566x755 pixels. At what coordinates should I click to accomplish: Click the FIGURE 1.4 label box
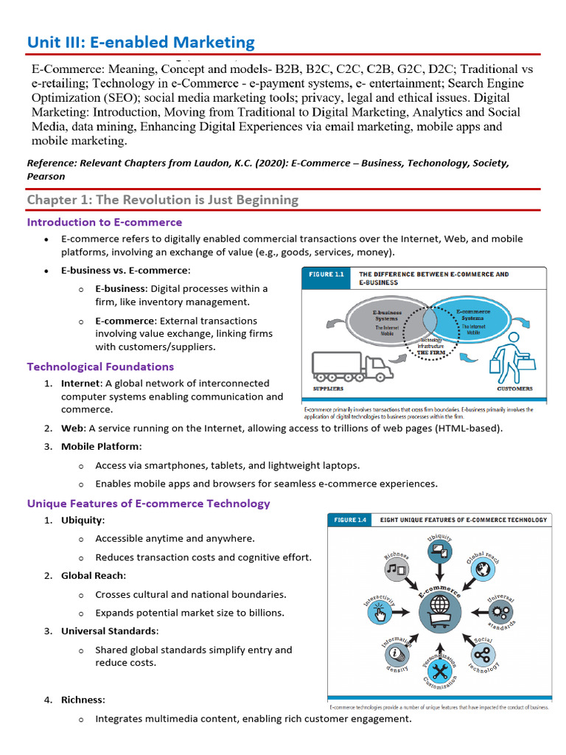(350, 520)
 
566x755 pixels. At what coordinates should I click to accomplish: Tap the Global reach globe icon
(483, 568)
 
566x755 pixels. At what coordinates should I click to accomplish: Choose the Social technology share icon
(483, 655)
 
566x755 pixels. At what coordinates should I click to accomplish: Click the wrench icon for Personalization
(441, 671)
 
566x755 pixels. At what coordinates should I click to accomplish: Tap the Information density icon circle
(396, 653)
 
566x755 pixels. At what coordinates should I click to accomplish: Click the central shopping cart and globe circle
(440, 612)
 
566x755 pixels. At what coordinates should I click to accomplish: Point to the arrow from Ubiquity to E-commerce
(441, 574)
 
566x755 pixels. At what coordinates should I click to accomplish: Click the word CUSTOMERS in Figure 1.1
(515, 389)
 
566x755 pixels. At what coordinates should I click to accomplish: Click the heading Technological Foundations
(100, 366)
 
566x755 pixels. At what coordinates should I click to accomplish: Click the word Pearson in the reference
(46, 176)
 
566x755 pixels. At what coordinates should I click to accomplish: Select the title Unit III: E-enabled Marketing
(141, 43)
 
